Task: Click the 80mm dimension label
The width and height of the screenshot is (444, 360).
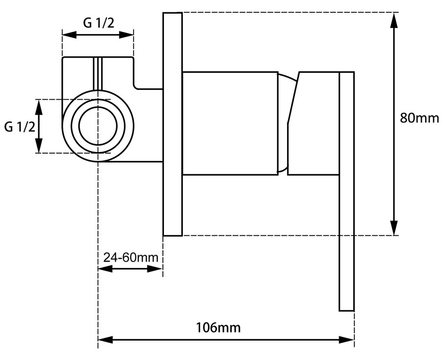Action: (419, 118)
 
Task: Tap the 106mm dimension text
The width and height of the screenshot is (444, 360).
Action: (218, 328)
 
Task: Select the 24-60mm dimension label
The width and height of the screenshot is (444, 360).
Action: (131, 258)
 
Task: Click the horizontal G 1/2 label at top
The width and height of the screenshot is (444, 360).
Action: (99, 23)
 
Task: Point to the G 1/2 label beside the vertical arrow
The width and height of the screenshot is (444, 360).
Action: (20, 127)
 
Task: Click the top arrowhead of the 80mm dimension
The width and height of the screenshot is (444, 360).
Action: (393, 20)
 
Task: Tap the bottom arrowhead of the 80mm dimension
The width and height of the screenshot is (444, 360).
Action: (393, 227)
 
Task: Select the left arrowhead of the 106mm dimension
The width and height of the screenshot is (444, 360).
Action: (106, 339)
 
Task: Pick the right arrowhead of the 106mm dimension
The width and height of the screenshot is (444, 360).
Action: (346, 339)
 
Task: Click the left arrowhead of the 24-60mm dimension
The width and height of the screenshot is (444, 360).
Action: (105, 268)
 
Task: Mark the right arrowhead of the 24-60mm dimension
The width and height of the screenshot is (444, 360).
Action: (155, 268)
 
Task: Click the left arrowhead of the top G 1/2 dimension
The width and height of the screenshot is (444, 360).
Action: (69, 35)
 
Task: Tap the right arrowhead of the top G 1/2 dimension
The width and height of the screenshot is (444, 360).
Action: (126, 35)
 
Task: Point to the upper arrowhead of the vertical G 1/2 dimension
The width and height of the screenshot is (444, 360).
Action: (39, 107)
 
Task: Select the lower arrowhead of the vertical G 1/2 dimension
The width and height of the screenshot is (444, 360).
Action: (39, 146)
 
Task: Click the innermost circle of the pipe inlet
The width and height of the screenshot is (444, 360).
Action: (98, 108)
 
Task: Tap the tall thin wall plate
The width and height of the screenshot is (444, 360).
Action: (172, 124)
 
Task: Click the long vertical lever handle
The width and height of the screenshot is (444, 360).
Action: (347, 191)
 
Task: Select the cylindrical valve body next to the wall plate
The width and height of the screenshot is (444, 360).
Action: (230, 123)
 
